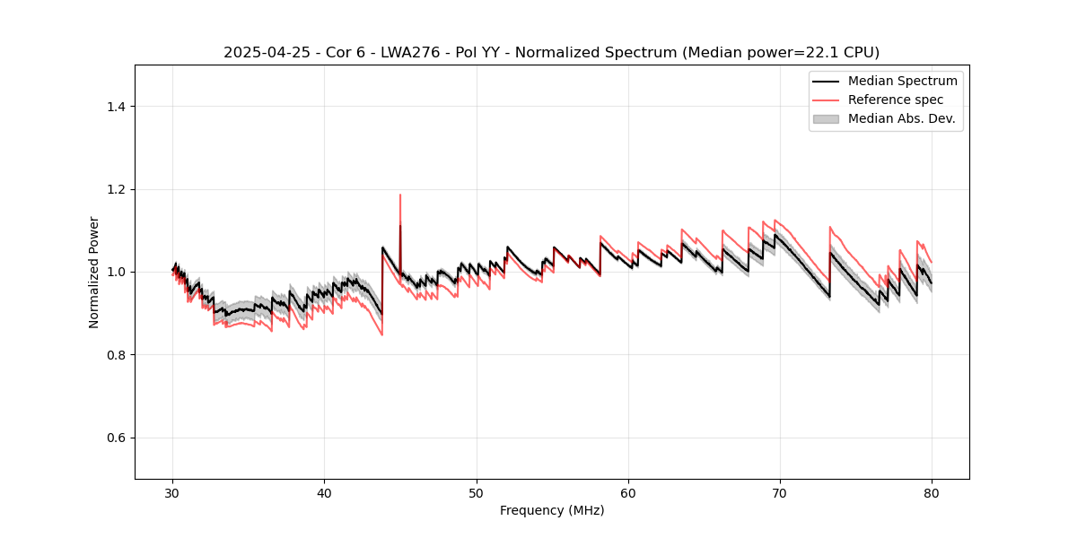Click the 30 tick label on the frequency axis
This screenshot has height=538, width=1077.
tap(173, 492)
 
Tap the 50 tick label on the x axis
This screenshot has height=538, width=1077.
tap(477, 492)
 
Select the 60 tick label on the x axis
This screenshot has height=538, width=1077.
tap(628, 492)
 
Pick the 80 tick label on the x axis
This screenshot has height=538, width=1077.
tap(932, 492)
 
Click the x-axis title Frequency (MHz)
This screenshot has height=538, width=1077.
tap(552, 510)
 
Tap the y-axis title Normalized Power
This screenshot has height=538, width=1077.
tap(94, 272)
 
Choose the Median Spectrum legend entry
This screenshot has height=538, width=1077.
tap(902, 81)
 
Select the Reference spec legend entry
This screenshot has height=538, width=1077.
tap(895, 100)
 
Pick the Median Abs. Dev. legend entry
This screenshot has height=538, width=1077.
tap(901, 118)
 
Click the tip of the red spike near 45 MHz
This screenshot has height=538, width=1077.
tap(400, 195)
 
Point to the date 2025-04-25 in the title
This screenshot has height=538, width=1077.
tap(262, 53)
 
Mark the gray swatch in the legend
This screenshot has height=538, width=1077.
tap(825, 118)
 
